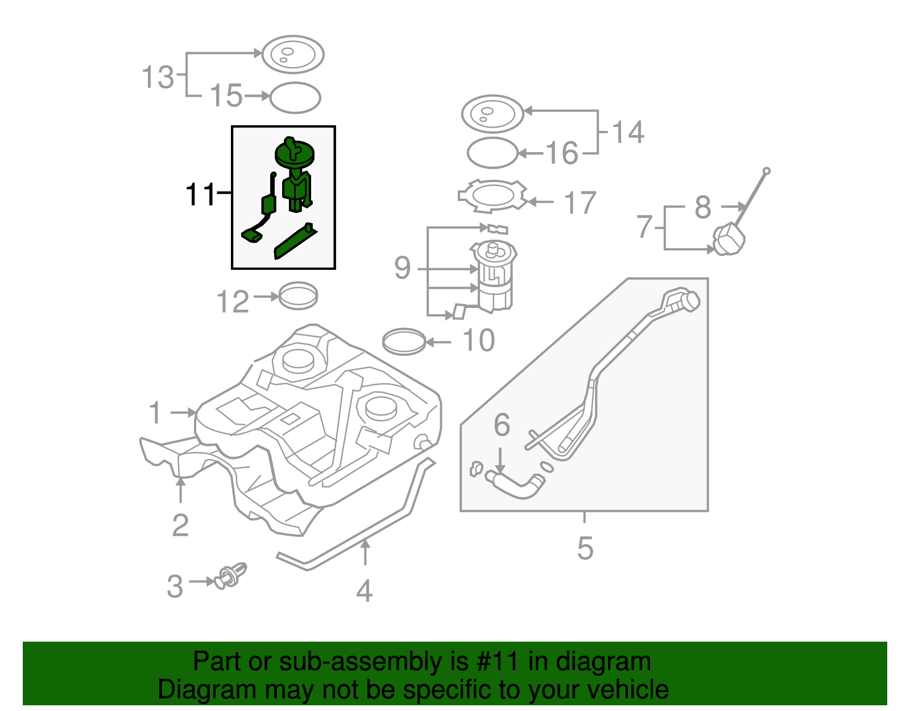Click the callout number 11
coord(200,195)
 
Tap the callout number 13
coord(158,77)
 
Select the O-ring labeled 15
coord(295,98)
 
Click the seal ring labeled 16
coord(492,153)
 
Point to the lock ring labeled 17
coord(493,196)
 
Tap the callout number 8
coord(703,207)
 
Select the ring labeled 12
coord(298,296)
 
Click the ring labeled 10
coord(404,342)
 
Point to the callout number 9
coord(402,268)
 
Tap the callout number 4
coord(364,591)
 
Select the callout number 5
coord(585,548)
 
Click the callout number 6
coord(502,425)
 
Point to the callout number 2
coord(180,525)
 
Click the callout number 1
coord(155,413)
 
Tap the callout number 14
coord(628,132)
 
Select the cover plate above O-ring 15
coord(293,55)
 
